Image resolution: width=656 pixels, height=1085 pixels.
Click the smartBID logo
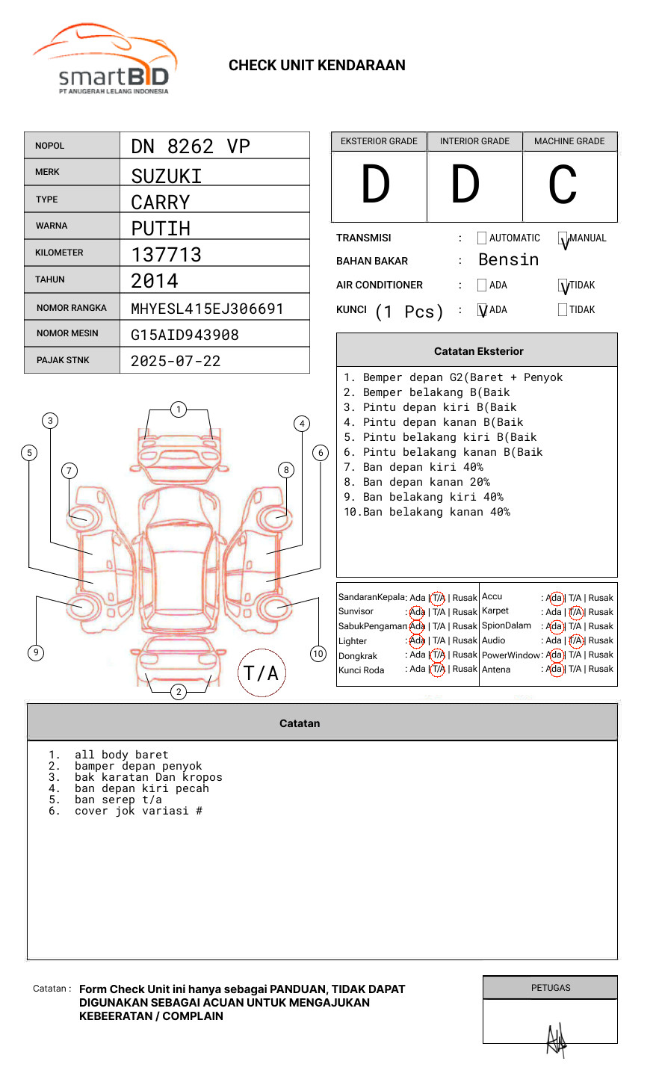pyautogui.click(x=105, y=60)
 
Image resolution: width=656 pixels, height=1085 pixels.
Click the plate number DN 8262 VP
pyautogui.click(x=191, y=146)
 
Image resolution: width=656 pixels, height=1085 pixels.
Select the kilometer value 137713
pyautogui.click(x=166, y=255)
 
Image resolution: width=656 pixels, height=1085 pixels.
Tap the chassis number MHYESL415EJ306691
pyautogui.click(x=207, y=309)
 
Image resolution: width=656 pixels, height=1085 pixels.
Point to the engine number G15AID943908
pyautogui.click(x=185, y=335)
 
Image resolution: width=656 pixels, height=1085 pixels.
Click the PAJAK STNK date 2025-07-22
pyautogui.click(x=176, y=361)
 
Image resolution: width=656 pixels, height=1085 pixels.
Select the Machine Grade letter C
pyautogui.click(x=563, y=185)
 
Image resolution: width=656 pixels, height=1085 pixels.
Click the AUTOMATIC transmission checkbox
pyautogui.click(x=482, y=238)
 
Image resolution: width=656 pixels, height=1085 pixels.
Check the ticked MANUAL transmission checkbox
pyautogui.click(x=563, y=239)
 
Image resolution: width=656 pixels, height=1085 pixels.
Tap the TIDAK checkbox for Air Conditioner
pyautogui.click(x=563, y=285)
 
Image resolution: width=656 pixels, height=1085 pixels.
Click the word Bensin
pyautogui.click(x=508, y=260)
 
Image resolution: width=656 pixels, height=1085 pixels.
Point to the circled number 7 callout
pyautogui.click(x=69, y=470)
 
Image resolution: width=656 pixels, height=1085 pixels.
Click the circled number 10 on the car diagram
pyautogui.click(x=318, y=654)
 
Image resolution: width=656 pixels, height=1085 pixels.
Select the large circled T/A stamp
pyautogui.click(x=262, y=673)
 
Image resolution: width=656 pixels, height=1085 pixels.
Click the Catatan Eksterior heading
pyautogui.click(x=478, y=351)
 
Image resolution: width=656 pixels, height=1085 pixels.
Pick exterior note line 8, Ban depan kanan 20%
pyautogui.click(x=426, y=482)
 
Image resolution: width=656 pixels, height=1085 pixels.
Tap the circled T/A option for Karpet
pyautogui.click(x=575, y=612)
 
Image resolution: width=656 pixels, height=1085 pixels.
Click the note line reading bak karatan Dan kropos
pyautogui.click(x=148, y=777)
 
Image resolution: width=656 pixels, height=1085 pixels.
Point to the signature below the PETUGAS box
pyautogui.click(x=556, y=1039)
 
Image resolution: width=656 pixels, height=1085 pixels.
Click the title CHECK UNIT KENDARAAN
pyautogui.click(x=317, y=66)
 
